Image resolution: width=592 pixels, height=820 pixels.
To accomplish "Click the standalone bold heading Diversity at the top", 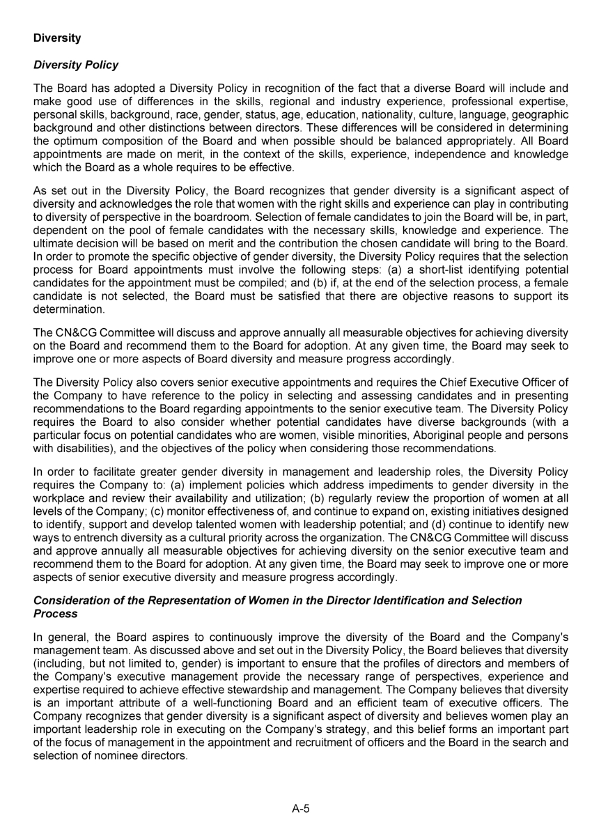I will pyautogui.click(x=57, y=38).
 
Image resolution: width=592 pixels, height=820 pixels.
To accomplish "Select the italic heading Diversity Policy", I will pyautogui.click(x=76, y=65).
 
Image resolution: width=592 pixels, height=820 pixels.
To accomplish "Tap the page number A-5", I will pyautogui.click(x=301, y=809).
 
